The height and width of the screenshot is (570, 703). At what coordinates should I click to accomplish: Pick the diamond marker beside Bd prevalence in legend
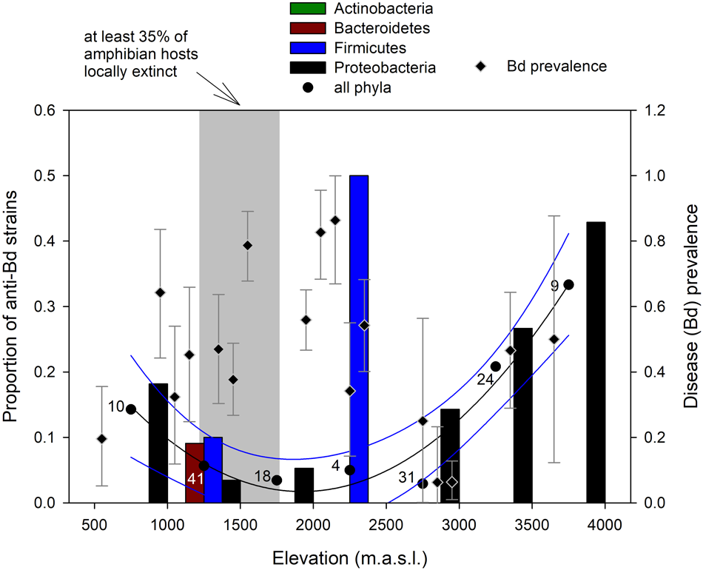tap(481, 67)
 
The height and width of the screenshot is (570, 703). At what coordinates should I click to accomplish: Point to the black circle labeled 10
tap(131, 409)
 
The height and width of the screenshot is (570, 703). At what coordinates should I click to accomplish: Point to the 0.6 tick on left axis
tap(46, 111)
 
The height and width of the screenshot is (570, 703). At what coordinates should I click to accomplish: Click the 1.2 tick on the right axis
tap(653, 111)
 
